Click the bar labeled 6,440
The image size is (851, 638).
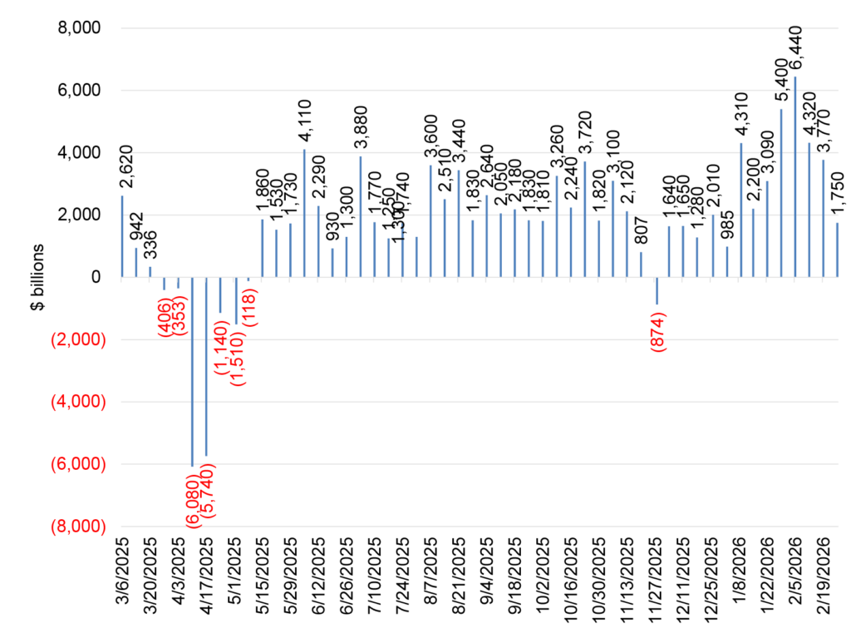795,176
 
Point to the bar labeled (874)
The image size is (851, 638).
657,290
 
